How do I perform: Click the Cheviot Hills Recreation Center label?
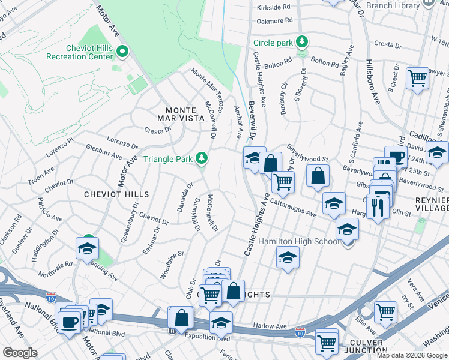click(x=80, y=52)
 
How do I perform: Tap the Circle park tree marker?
click(x=303, y=42)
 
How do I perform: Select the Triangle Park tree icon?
click(x=203, y=158)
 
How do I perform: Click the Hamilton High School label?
click(x=298, y=241)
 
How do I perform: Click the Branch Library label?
click(x=393, y=5)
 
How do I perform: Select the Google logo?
click(x=20, y=352)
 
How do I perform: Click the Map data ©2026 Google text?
click(x=411, y=355)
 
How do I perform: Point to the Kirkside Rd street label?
click(x=273, y=7)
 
